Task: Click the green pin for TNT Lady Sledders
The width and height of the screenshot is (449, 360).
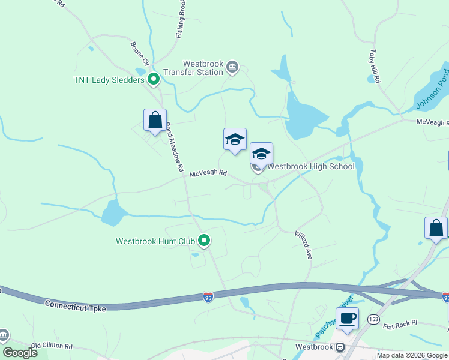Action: click(x=154, y=79)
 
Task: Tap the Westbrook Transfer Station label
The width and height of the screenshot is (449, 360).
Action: click(x=203, y=68)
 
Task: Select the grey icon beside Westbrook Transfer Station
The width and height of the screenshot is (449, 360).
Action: click(x=233, y=67)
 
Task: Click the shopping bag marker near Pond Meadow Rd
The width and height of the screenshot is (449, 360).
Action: click(x=155, y=120)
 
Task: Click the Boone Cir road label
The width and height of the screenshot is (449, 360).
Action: click(x=139, y=53)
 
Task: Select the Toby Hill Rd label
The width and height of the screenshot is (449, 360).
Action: click(x=375, y=67)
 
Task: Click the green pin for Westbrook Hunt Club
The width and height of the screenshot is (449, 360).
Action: click(x=204, y=241)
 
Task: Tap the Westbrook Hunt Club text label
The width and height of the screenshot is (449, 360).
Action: click(x=155, y=242)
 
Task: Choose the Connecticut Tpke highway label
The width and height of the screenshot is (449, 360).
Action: click(x=75, y=305)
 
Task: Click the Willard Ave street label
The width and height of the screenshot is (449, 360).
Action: click(x=303, y=245)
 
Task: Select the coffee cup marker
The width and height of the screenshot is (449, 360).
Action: click(x=347, y=318)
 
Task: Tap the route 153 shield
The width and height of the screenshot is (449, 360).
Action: click(x=374, y=318)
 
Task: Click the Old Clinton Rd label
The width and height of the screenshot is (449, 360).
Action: click(x=52, y=346)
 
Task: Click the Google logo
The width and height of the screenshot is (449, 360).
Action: click(x=20, y=353)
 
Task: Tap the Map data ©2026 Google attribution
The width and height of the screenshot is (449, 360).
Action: click(x=412, y=355)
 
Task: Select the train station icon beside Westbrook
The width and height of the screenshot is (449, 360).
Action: click(x=340, y=347)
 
